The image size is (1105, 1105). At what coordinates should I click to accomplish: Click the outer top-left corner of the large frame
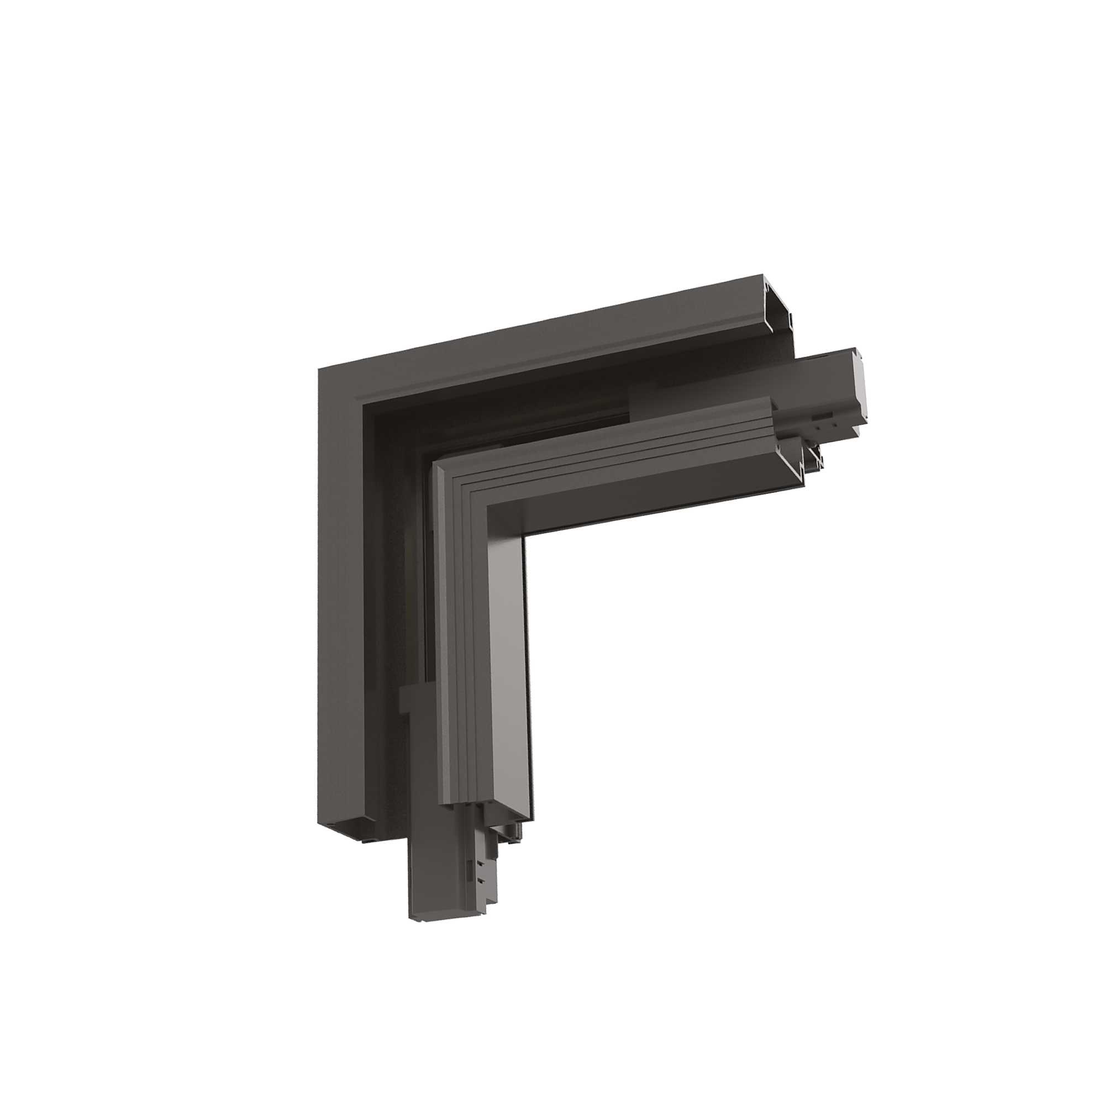pos(319,370)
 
